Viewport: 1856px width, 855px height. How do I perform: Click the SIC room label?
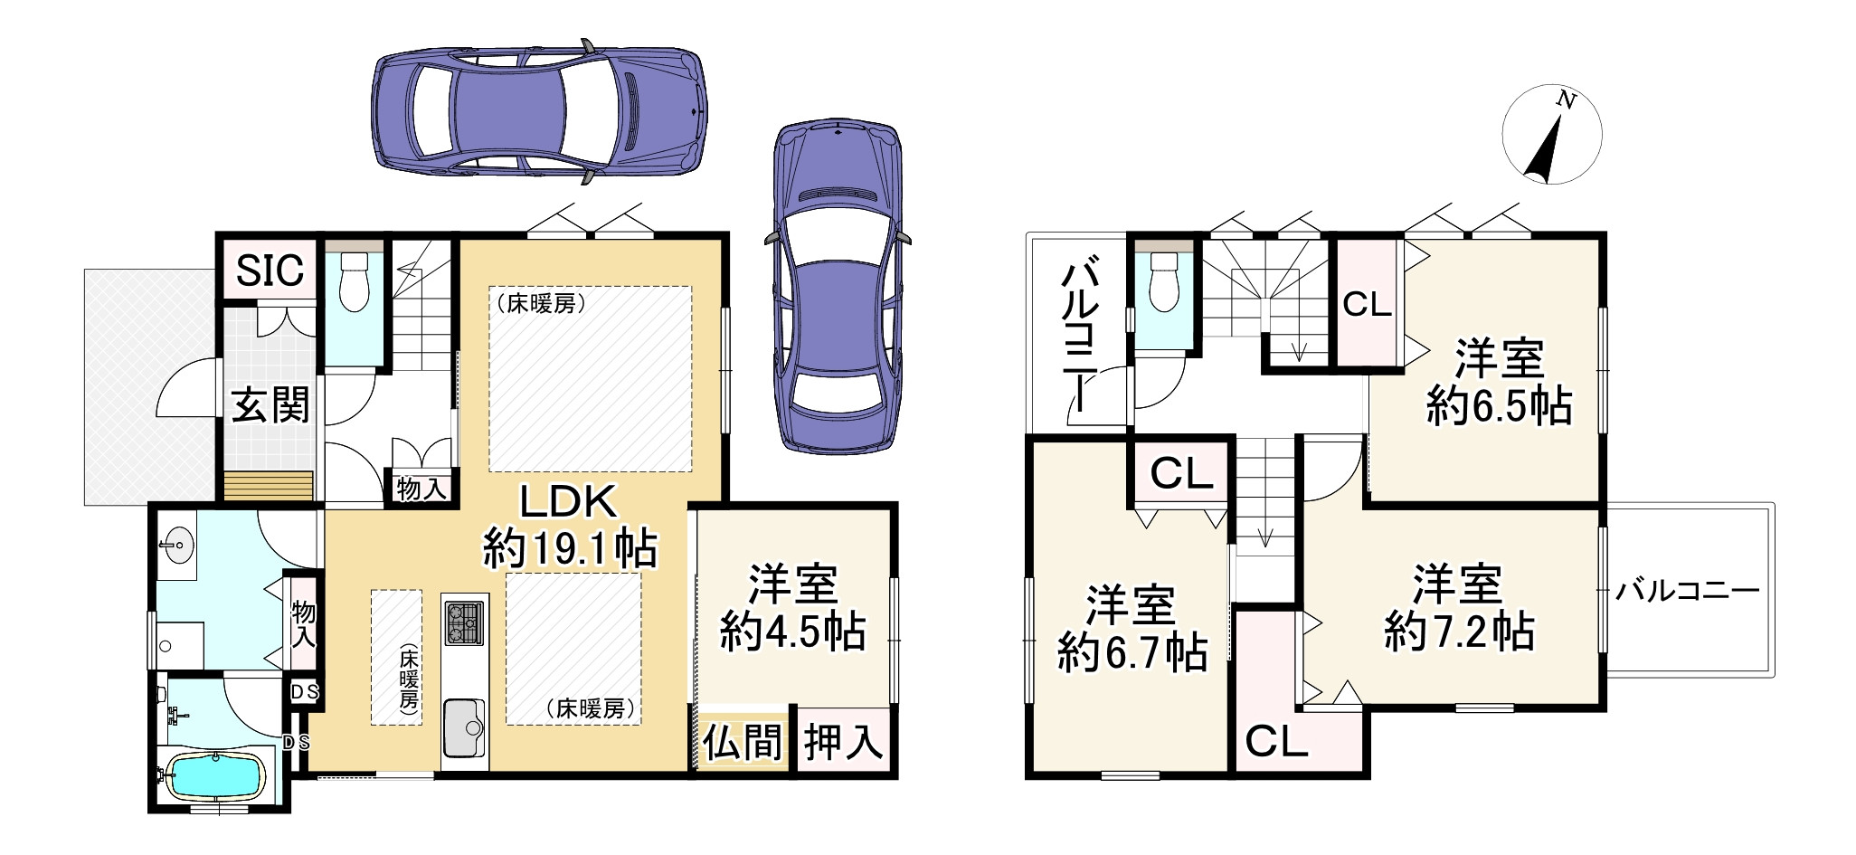coord(270,270)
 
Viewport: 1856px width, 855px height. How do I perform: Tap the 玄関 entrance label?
coord(270,405)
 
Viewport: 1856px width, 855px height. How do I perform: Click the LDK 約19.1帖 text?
coord(569,525)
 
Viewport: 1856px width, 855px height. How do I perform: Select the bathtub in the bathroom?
coord(217,776)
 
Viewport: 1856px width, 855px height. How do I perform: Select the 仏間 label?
coord(743,743)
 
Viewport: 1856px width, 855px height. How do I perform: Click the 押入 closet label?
coord(844,743)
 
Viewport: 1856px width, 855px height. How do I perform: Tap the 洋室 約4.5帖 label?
coord(793,608)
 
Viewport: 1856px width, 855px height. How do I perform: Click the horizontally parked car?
coord(539,111)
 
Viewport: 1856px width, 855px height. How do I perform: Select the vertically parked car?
coord(838,286)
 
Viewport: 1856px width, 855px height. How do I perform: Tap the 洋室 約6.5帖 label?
coord(1499,383)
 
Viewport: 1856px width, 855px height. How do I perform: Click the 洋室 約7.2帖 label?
coord(1458,608)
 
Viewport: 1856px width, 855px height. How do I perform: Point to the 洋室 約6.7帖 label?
coord(1132,629)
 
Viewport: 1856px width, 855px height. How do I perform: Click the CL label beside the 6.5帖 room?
coord(1366,305)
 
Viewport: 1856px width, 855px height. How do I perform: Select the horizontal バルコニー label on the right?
coord(1688,592)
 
